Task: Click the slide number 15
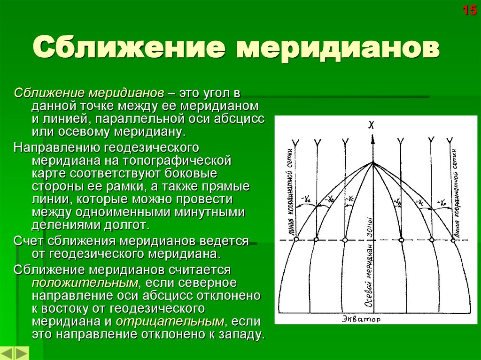(470, 10)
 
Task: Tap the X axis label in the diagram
(372, 125)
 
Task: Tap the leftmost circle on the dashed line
(295, 240)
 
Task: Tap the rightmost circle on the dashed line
(453, 240)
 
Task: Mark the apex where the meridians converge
(372, 162)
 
